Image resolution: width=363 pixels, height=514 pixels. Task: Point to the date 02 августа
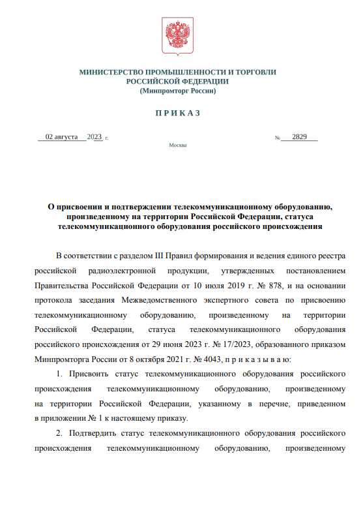(x=61, y=137)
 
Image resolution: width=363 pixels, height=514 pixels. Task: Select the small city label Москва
(x=177, y=145)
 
